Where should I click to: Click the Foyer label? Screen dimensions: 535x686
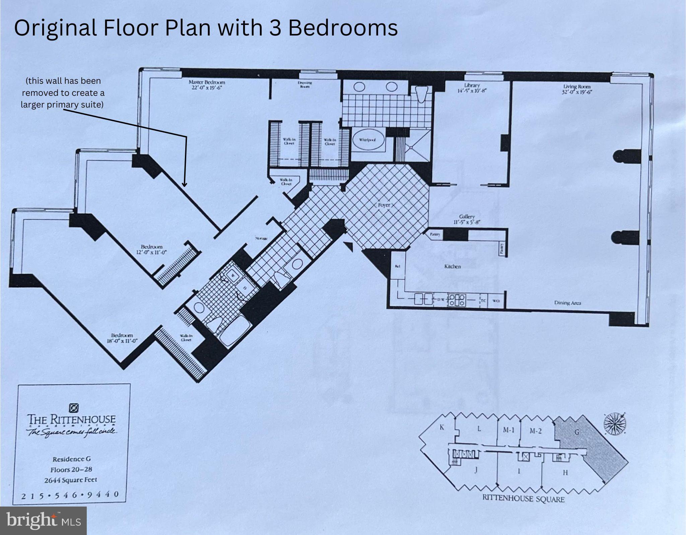pos(384,204)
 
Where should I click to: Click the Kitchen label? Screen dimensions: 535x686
pos(452,266)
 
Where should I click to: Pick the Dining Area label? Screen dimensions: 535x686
pos(567,303)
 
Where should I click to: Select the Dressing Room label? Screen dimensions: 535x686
pos(304,84)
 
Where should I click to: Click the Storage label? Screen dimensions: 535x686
pos(261,239)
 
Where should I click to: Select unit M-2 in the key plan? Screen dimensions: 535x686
pos(535,431)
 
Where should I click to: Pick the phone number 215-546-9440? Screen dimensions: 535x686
pos(70,494)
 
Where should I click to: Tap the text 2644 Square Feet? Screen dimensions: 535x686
pos(71,480)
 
